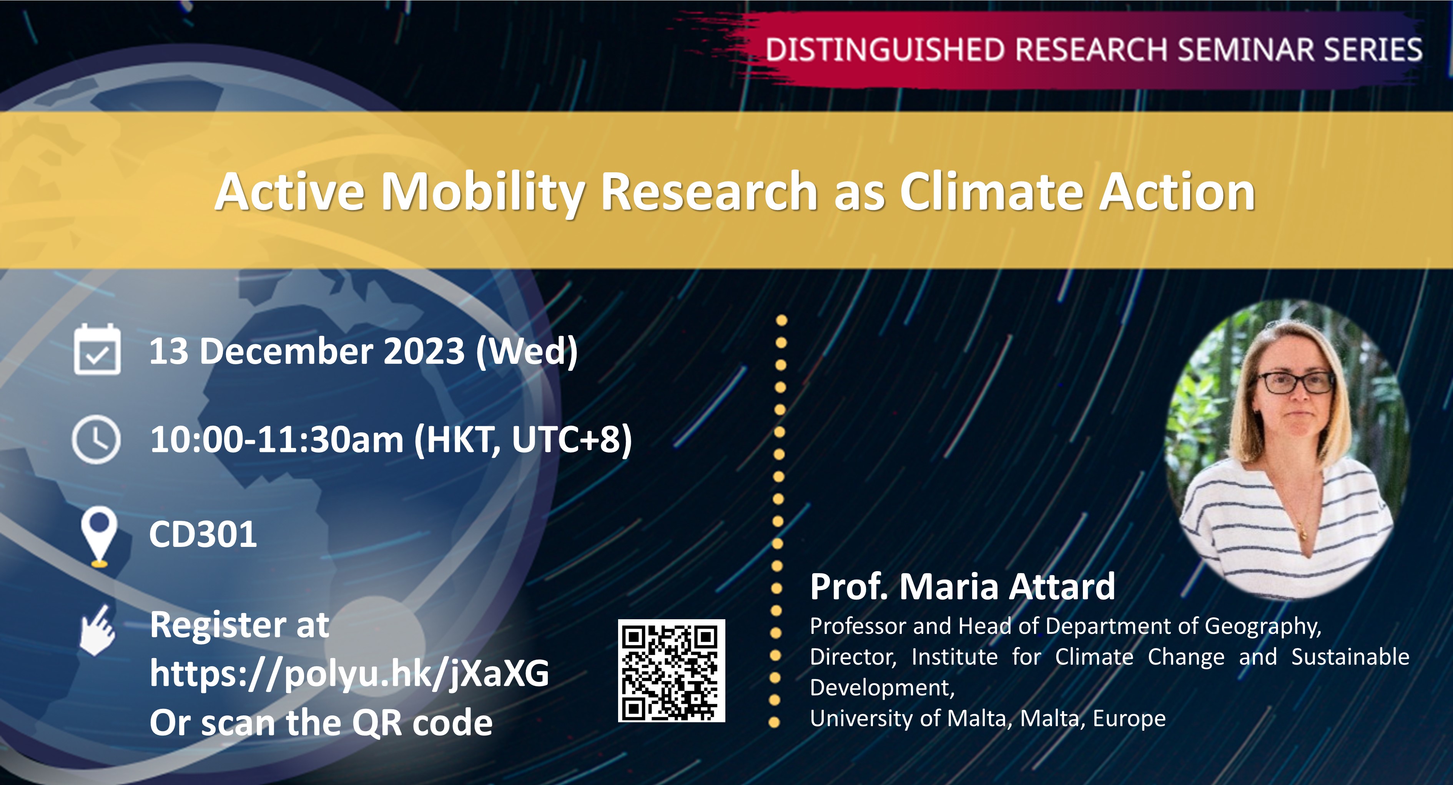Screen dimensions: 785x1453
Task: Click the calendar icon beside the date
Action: coord(97,350)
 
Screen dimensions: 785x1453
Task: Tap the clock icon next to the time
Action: coord(96,439)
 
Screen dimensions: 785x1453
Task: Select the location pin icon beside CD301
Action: coord(99,536)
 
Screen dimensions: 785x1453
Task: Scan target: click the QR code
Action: coord(671,670)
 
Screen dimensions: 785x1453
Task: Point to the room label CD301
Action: coord(203,535)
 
